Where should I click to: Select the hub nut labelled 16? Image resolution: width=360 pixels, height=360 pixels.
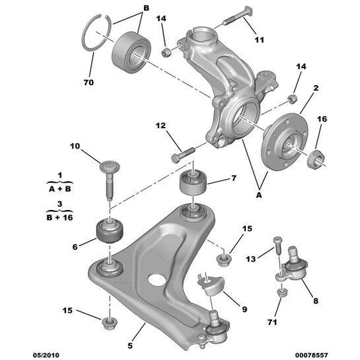tap(315, 161)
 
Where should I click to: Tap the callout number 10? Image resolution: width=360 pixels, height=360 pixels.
tap(74, 145)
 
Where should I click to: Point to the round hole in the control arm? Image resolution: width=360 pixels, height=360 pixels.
tap(157, 278)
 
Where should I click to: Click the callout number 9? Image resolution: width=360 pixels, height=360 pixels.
tap(245, 309)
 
